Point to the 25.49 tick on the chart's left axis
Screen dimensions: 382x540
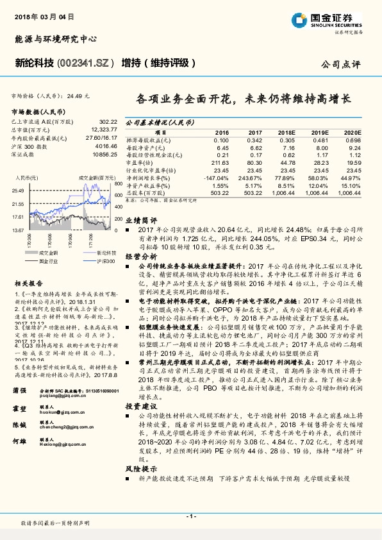[17, 190]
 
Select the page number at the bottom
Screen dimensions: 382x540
[190, 516]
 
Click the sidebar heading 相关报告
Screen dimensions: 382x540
[28, 282]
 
